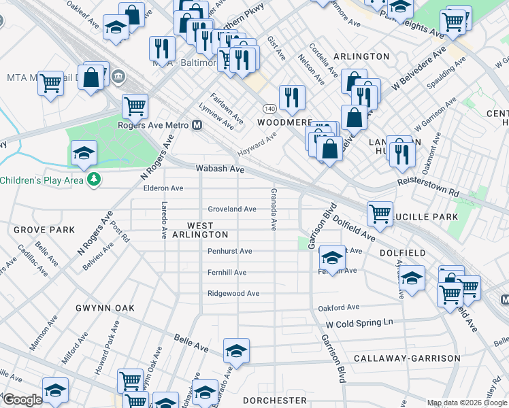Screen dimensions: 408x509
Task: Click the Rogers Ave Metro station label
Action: pos(154,125)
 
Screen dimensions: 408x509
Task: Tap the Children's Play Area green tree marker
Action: pos(94,180)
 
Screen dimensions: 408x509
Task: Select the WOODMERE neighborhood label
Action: pos(284,122)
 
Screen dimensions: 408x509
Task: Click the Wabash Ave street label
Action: pos(219,168)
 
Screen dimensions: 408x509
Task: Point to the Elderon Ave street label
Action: pos(159,188)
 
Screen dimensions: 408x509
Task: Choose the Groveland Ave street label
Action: pos(231,209)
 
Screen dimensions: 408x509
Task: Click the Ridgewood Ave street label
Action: pos(233,294)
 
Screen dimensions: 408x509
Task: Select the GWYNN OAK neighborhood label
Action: pos(105,308)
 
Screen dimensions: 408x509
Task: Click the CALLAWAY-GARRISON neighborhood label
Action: pos(408,358)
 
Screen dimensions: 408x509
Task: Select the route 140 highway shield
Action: pos(269,109)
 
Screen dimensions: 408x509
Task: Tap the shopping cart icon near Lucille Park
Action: pos(380,213)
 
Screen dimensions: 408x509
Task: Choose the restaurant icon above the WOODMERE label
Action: pos(292,97)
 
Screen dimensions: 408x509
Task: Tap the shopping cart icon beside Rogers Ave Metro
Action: pos(135,105)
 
